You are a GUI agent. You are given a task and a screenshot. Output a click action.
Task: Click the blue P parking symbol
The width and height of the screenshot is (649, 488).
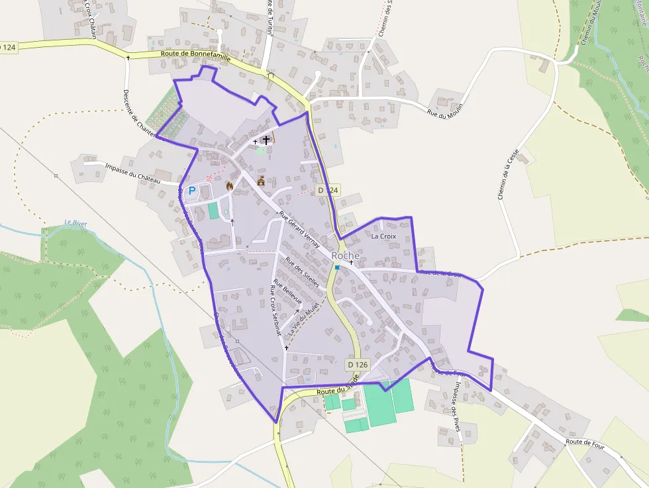click(x=192, y=191)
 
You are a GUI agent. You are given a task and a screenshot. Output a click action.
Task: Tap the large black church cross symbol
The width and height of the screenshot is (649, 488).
click(x=266, y=140)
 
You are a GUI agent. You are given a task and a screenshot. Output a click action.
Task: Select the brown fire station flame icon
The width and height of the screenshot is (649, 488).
click(x=230, y=186)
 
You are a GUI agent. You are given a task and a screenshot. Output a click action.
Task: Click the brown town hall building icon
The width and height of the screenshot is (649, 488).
click(x=261, y=180)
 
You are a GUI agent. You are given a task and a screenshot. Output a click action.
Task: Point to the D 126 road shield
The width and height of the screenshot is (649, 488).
click(x=358, y=364)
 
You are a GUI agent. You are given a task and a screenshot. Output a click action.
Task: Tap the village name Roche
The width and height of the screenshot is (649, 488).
click(x=346, y=256)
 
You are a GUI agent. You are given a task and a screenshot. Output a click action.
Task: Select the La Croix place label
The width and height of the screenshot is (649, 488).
click(x=383, y=236)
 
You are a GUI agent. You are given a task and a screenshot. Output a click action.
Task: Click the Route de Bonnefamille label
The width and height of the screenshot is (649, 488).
click(x=195, y=58)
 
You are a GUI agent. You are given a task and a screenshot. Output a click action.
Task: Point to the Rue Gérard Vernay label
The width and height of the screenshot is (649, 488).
click(x=299, y=229)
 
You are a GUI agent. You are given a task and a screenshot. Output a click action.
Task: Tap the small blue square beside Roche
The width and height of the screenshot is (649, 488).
click(x=337, y=268)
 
